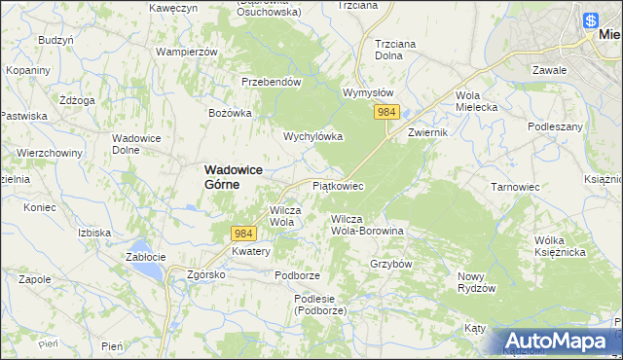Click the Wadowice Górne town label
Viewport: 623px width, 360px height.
click(235, 175)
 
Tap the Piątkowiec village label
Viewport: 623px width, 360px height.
click(338, 185)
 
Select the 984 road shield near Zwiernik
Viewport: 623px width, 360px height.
click(386, 114)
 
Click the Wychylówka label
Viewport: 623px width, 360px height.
click(312, 137)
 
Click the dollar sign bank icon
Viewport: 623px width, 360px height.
click(591, 18)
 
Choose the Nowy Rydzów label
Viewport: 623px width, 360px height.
click(477, 282)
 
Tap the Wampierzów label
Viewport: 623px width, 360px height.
click(186, 51)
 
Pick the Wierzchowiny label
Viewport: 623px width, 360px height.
click(48, 153)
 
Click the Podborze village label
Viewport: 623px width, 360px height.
click(297, 275)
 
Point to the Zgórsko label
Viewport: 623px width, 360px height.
click(206, 275)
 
